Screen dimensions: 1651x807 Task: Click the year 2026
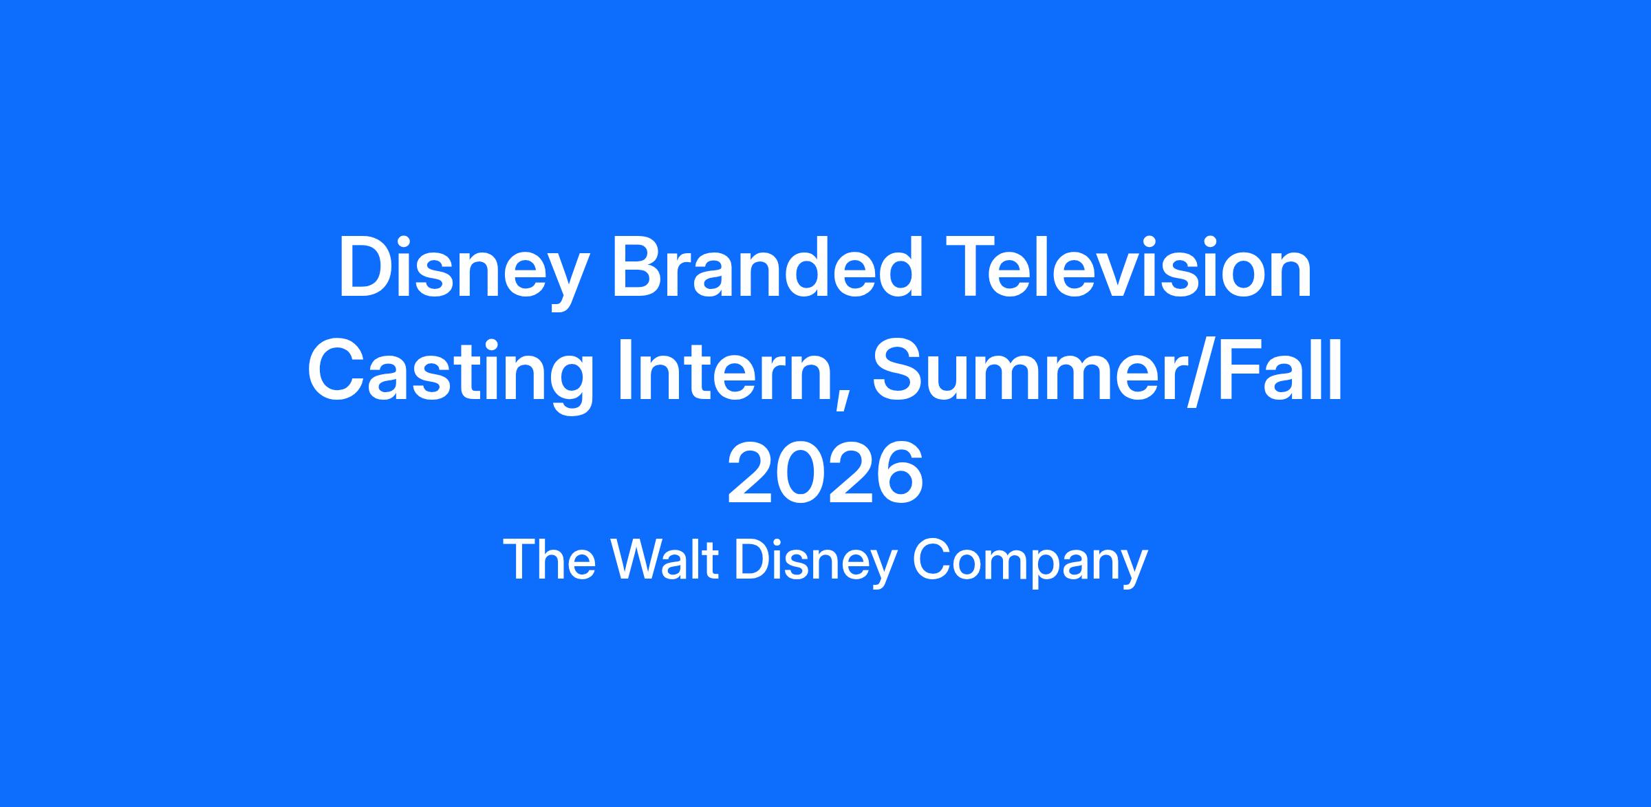825,473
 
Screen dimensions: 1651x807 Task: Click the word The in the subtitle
550,560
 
